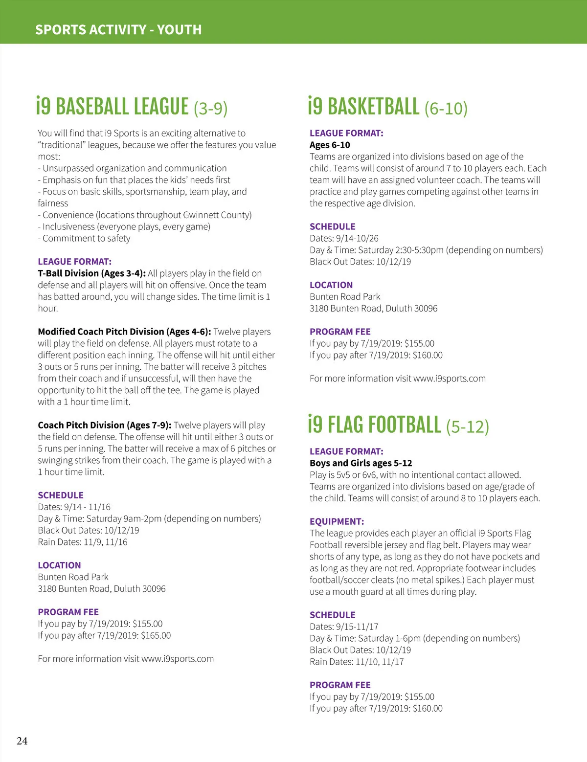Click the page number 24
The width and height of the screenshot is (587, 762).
(x=22, y=741)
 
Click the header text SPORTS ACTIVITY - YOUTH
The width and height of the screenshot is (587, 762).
(x=118, y=30)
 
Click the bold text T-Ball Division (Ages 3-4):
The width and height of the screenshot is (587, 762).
(x=91, y=273)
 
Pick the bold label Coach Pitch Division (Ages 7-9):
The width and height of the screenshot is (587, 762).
(x=104, y=425)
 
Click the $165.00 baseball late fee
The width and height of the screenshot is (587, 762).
(x=156, y=635)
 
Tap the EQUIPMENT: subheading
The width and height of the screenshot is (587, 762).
(x=337, y=521)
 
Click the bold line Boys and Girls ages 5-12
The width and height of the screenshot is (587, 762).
(x=361, y=463)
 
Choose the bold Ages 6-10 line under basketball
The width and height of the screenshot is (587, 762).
(x=330, y=145)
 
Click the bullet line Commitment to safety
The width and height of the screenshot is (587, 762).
(x=86, y=238)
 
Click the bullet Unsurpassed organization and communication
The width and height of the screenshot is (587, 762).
(x=134, y=168)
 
